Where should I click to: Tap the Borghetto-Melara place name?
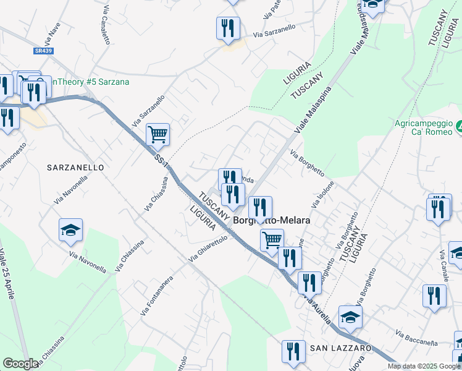click(271, 220)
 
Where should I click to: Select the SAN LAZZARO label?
click(341, 348)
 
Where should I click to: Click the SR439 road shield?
click(44, 51)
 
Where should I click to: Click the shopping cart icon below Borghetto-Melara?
click(272, 239)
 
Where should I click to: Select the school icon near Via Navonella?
click(71, 231)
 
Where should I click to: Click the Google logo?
click(21, 364)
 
